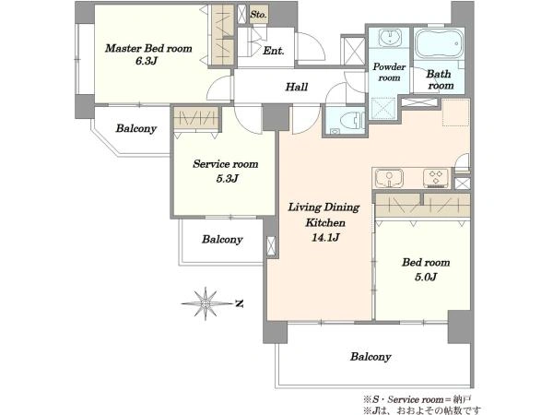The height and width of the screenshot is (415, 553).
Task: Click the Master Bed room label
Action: (x=148, y=48)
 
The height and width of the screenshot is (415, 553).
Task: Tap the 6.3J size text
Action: (x=147, y=61)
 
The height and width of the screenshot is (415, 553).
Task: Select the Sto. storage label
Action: (x=258, y=15)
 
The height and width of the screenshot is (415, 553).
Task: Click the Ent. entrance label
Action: (x=274, y=51)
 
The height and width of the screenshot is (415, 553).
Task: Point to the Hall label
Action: (x=297, y=87)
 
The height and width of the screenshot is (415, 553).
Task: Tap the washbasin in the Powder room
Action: (x=389, y=37)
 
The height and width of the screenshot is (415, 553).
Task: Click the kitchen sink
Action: (x=389, y=177)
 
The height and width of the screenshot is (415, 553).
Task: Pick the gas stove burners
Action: (x=437, y=177)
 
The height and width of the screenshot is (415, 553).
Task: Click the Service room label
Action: (x=226, y=164)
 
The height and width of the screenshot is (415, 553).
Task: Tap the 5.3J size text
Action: (x=227, y=179)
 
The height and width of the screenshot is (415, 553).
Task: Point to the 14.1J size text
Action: (x=325, y=237)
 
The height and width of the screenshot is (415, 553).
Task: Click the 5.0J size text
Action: (x=426, y=277)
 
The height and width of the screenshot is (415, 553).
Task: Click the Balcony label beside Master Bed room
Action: (x=136, y=128)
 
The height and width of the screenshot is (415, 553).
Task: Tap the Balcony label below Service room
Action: (x=222, y=240)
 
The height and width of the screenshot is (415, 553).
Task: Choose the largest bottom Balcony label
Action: (x=371, y=357)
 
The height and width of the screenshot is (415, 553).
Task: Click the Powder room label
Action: (x=389, y=72)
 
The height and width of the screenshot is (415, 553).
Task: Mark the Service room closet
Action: (x=195, y=118)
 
